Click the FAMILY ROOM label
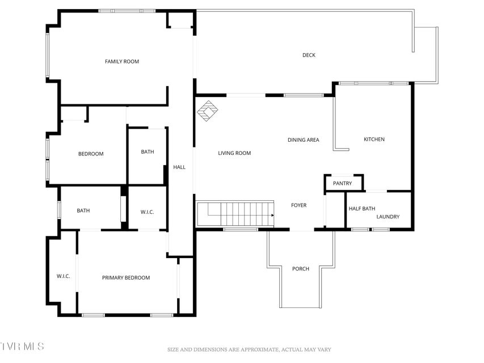[x=122, y=61]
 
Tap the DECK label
[x=309, y=55]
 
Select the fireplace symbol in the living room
[x=208, y=111]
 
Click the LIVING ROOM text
[x=234, y=153]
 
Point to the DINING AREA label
[x=303, y=140]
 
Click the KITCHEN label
[x=374, y=139]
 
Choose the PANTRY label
[x=342, y=183]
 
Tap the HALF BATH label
[x=362, y=209]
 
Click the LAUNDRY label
[x=388, y=217]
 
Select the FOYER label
[x=299, y=205]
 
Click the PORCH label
[x=301, y=269]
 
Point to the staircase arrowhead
[x=272, y=215]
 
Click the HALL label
[x=179, y=167]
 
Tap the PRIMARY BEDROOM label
[x=126, y=278]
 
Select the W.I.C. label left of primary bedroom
[x=64, y=276]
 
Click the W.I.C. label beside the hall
[x=147, y=212]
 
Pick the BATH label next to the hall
[x=148, y=151]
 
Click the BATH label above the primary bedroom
[x=83, y=210]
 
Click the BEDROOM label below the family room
[x=91, y=154]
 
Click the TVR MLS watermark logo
[x=22, y=346]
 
